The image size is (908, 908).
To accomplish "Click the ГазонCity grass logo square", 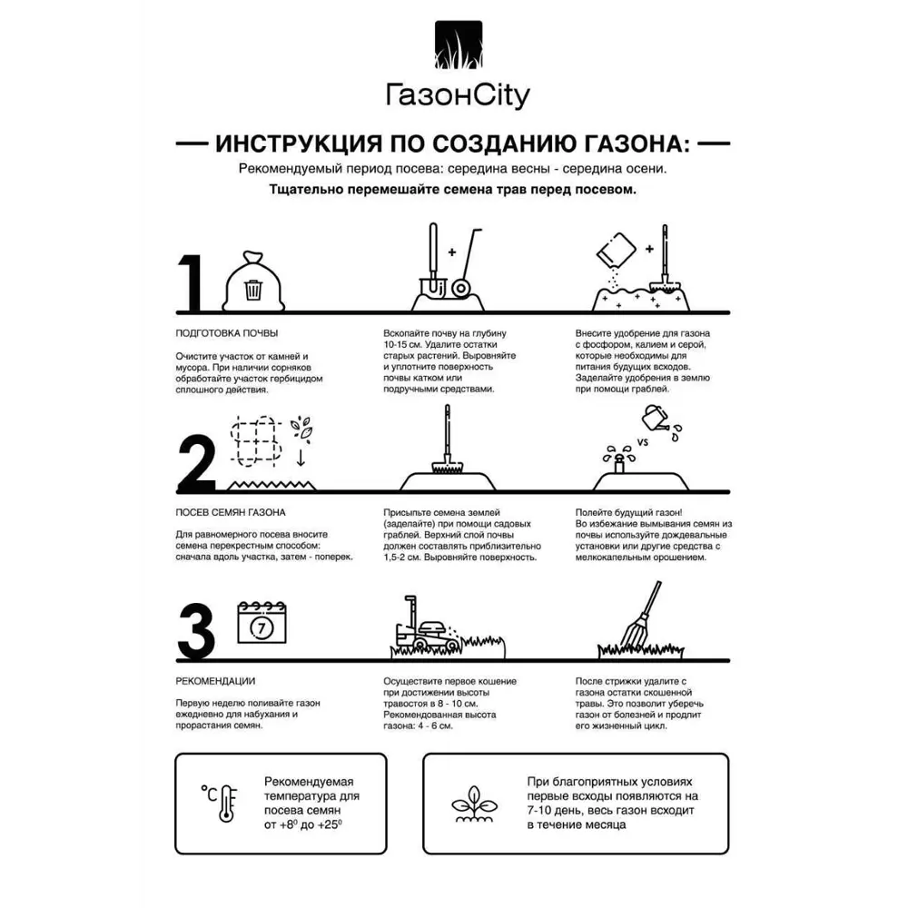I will click(458, 45).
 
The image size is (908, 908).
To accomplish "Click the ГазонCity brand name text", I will click(458, 96).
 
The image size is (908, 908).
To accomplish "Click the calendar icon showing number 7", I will click(262, 624).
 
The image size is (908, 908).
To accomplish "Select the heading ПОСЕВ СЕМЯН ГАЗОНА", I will click(231, 512).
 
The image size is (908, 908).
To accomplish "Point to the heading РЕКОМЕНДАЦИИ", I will click(215, 681).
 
